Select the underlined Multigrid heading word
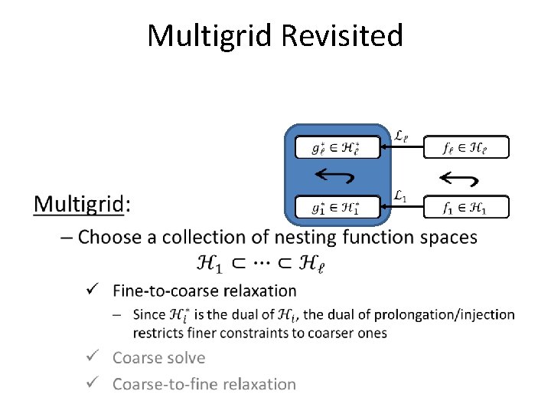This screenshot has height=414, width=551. click(x=78, y=204)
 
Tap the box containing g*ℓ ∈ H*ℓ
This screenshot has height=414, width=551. click(x=337, y=147)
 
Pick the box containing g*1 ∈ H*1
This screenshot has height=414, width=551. click(x=337, y=207)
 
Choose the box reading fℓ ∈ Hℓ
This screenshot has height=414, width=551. click(x=465, y=147)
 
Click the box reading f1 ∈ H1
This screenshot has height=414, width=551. click(x=465, y=207)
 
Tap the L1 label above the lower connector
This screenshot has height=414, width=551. click(x=400, y=196)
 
